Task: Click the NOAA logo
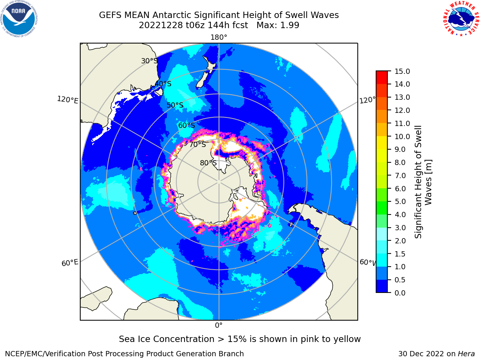(x=19, y=19)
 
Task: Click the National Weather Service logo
(x=461, y=19)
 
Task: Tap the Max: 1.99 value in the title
(x=278, y=25)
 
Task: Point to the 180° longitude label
(x=219, y=37)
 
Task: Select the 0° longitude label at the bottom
(x=219, y=325)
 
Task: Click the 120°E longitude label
(x=67, y=100)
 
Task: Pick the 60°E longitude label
(x=70, y=263)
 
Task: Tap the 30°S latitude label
(x=149, y=61)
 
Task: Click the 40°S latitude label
(x=163, y=84)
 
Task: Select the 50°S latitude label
(x=175, y=105)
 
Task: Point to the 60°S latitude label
(x=186, y=125)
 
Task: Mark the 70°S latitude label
(x=198, y=144)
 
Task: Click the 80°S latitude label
(x=208, y=163)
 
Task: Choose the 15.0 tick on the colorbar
(x=402, y=71)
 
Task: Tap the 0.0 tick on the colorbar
(x=400, y=293)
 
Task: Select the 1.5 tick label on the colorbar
(x=400, y=254)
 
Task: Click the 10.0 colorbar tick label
(x=402, y=136)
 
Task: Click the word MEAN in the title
(x=137, y=15)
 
